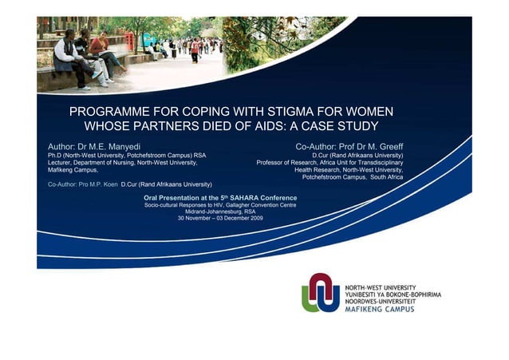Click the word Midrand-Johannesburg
tap(215, 212)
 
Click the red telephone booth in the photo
tap(128, 42)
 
